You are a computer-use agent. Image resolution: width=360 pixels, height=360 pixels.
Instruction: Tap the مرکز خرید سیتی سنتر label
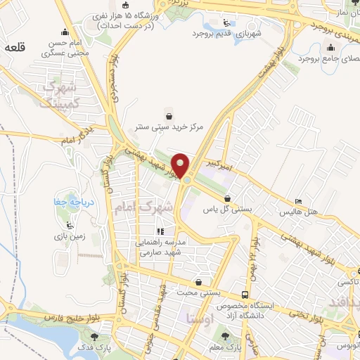(x=169, y=128)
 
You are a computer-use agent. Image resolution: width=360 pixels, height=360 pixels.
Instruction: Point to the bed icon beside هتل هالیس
(x=298, y=200)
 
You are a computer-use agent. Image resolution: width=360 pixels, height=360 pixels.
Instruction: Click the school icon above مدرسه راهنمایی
(x=160, y=231)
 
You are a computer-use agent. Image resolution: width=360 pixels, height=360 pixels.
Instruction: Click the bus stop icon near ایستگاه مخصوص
(x=245, y=295)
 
